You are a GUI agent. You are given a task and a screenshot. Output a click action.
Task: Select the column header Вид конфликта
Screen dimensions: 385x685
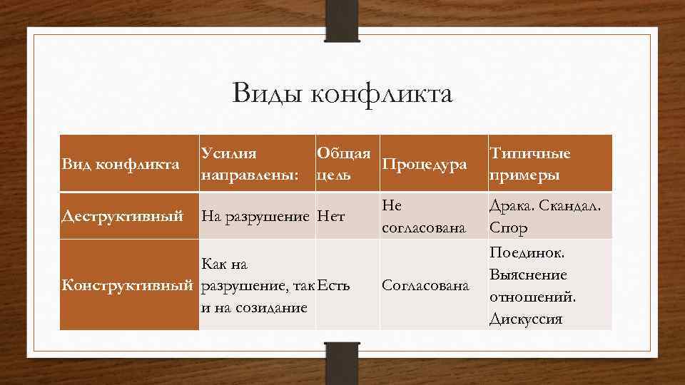pyautogui.click(x=120, y=165)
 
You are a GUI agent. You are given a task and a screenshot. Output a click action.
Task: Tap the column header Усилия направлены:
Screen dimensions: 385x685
pyautogui.click(x=249, y=164)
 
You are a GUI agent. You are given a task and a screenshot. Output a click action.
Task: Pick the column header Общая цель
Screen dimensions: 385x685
pyautogui.click(x=344, y=164)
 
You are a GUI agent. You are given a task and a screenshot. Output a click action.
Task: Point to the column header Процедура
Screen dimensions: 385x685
pyautogui.click(x=425, y=165)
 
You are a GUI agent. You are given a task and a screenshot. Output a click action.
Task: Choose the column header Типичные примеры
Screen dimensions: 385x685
pyautogui.click(x=529, y=164)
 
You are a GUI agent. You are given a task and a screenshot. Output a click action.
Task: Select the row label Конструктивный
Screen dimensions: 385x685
pyautogui.click(x=127, y=285)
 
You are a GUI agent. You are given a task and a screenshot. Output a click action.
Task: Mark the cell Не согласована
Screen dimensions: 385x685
pyautogui.click(x=424, y=216)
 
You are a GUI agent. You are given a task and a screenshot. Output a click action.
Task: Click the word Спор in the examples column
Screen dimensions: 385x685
pyautogui.click(x=508, y=228)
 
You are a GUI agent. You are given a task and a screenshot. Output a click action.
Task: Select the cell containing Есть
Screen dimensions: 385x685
pyautogui.click(x=334, y=286)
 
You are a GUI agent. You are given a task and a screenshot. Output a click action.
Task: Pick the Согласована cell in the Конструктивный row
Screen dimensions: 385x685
pyautogui.click(x=426, y=286)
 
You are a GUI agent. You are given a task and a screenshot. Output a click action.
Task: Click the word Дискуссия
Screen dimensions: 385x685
pyautogui.click(x=526, y=319)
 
